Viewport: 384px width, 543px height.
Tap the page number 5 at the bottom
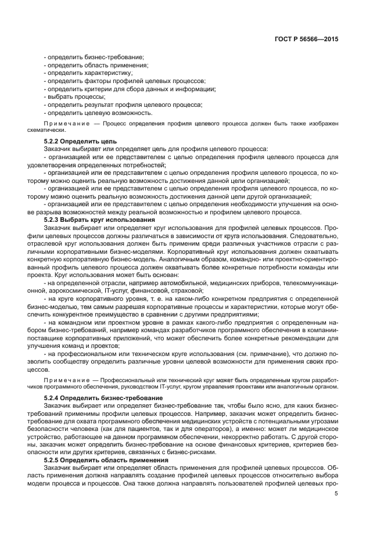[336, 494]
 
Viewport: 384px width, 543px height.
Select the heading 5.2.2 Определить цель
[81, 141]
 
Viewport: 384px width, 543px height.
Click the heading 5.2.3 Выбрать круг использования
[99, 220]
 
